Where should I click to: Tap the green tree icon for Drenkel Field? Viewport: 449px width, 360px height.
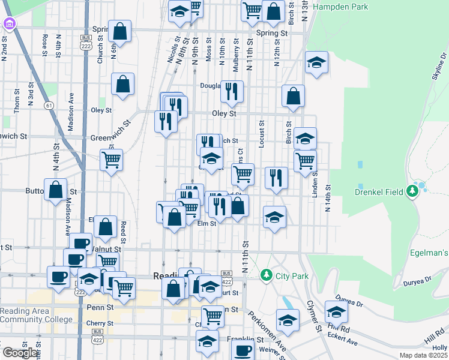[412, 191]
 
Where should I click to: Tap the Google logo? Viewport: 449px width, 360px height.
[20, 353]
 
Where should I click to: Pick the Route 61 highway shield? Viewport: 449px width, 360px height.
[49, 105]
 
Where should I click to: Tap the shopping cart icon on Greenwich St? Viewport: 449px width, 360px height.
[111, 160]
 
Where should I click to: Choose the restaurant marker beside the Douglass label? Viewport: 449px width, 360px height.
[232, 91]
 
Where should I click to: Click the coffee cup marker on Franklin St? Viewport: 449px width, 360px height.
[243, 350]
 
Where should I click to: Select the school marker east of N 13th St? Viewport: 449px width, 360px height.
[316, 62]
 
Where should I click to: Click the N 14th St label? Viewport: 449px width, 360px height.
[328, 198]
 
